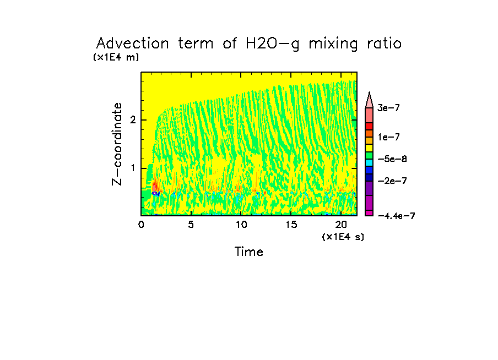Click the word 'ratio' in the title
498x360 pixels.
coord(383,43)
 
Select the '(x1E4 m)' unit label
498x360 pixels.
coord(116,57)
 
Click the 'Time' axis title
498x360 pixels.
coord(249,252)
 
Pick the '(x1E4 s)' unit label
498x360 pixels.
coord(343,236)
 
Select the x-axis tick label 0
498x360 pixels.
coord(141,225)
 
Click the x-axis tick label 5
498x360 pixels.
coord(191,225)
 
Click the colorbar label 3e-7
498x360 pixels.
coord(388,108)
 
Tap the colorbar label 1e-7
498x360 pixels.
coord(388,137)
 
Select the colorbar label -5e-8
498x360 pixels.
coord(392,159)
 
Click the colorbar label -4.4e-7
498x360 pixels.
coord(396,216)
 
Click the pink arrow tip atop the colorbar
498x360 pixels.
coord(370,98)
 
